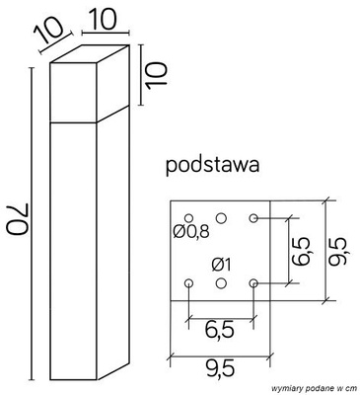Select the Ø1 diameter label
pyautogui.click(x=223, y=263)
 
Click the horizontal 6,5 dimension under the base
pyautogui.click(x=221, y=326)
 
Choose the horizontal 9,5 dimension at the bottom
pyautogui.click(x=221, y=370)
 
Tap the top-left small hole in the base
pyautogui.click(x=188, y=216)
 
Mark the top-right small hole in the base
pyautogui.click(x=253, y=216)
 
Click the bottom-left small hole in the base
pyautogui.click(x=188, y=283)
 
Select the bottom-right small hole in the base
pyautogui.click(x=253, y=283)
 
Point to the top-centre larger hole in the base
pyautogui.click(x=221, y=216)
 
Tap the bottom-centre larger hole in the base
pyautogui.click(x=221, y=283)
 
